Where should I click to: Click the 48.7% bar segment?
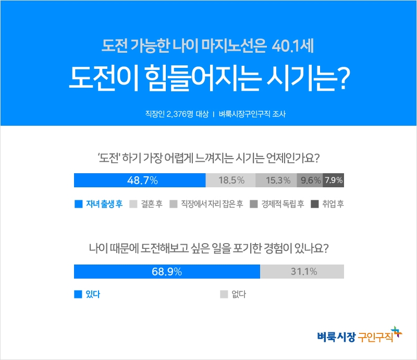click(140, 180)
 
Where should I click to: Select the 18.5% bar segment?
click(231, 180)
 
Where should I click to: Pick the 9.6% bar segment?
click(310, 180)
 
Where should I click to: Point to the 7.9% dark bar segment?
click(334, 180)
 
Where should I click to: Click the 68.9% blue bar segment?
click(167, 272)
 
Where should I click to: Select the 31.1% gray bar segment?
click(302, 272)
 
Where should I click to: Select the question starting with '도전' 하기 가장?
click(208, 157)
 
